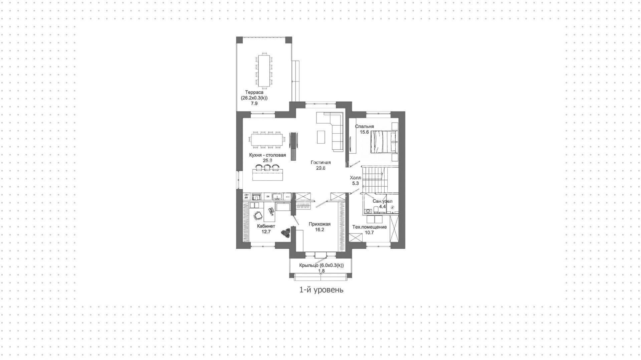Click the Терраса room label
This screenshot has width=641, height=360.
(254, 92)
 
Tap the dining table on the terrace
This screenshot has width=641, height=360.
(264, 70)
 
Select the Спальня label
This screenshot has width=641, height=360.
(365, 127)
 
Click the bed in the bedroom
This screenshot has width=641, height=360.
(384, 142)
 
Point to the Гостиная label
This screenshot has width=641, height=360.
(320, 163)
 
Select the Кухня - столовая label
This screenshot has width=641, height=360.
(267, 155)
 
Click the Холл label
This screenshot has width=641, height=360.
(355, 178)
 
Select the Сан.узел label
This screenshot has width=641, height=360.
(382, 201)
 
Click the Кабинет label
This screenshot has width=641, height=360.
(266, 226)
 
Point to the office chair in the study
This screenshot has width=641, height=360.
(258, 216)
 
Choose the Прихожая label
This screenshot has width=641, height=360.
(319, 224)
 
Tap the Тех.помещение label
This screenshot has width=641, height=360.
(370, 227)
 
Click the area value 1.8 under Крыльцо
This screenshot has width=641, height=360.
(322, 271)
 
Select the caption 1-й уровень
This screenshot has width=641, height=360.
(321, 290)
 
